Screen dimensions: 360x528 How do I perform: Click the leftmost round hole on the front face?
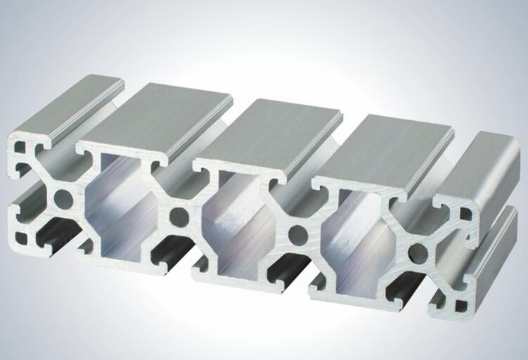63,199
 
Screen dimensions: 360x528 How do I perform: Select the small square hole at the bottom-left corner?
20,237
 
